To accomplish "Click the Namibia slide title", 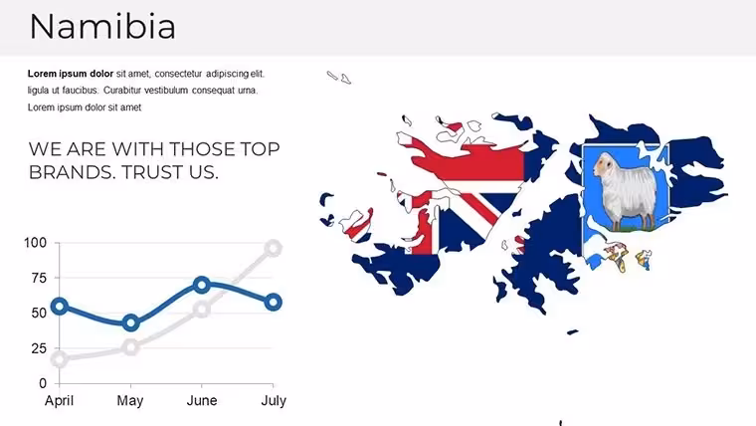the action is [102, 27].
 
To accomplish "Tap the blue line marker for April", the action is [60, 306].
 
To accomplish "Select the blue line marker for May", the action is [130, 322].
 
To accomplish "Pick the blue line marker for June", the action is [202, 285].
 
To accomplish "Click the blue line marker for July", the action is [273, 303].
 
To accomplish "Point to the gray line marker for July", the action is [273, 249].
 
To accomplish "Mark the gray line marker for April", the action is [60, 359].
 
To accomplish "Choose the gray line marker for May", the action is [130, 347].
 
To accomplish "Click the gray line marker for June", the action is [202, 310].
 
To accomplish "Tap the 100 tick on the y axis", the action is [36, 243].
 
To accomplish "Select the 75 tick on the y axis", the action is [39, 278].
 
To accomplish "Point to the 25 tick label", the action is [39, 348].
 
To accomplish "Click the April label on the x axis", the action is [60, 400].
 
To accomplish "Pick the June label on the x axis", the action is [202, 400].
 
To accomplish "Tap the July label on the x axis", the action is [274, 400].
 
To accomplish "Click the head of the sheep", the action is [603, 164].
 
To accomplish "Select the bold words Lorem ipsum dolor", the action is [71, 74].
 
